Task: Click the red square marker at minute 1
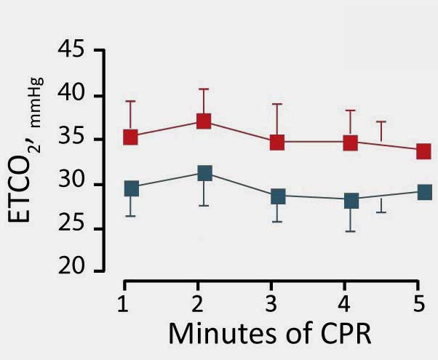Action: coord(131,137)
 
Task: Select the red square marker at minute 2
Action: coord(204,121)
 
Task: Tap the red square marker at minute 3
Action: coord(277,142)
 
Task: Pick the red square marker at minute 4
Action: coord(351,142)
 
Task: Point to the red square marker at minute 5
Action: coord(423,151)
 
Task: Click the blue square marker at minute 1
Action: coord(131,188)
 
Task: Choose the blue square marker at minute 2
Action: coord(204,173)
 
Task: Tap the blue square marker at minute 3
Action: coord(277,196)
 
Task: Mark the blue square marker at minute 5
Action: coord(423,193)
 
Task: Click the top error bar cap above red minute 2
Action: coord(204,89)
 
